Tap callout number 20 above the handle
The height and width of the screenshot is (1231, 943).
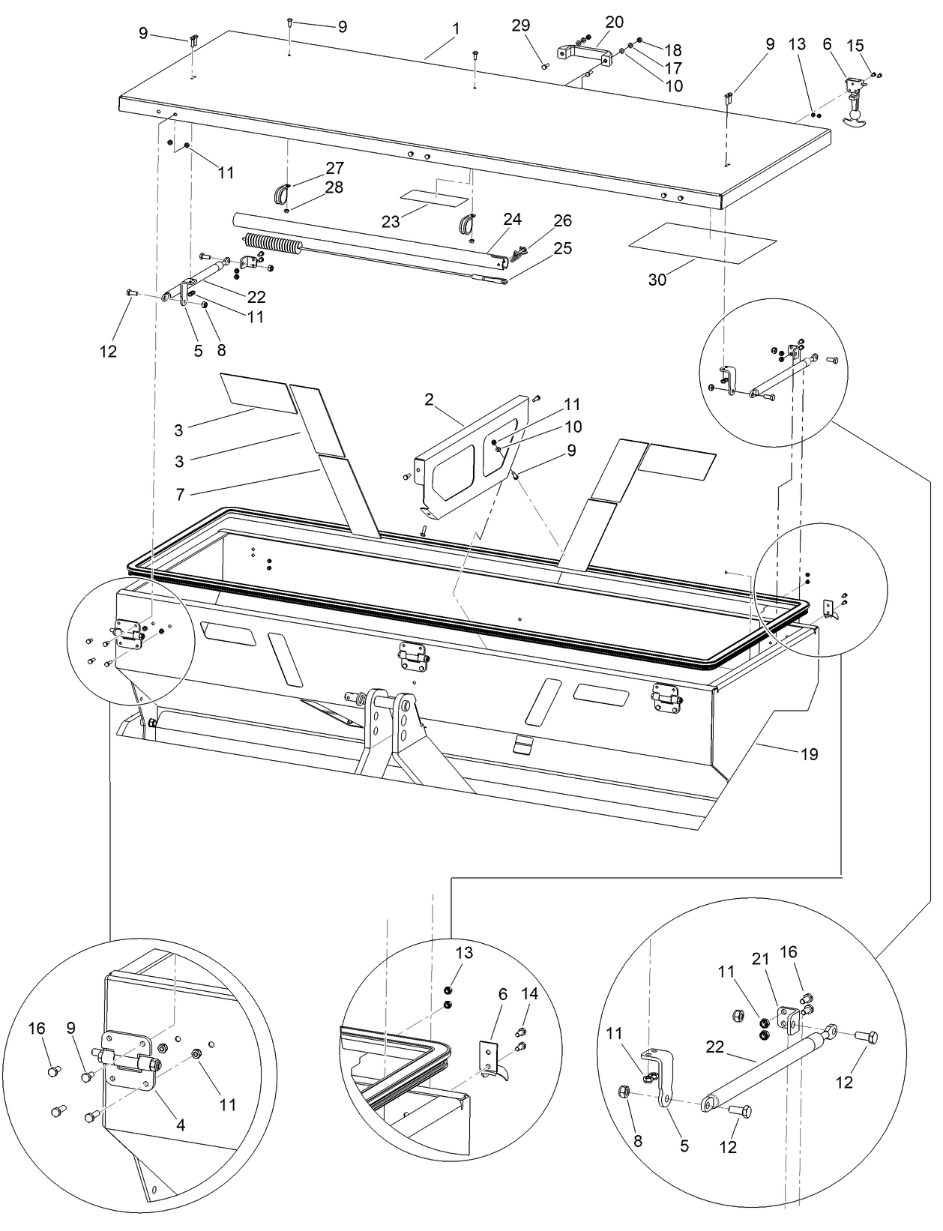coord(614,22)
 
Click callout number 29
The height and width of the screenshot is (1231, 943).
coord(521,25)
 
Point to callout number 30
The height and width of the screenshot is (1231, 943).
coord(657,280)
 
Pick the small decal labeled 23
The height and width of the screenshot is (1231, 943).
coord(433,197)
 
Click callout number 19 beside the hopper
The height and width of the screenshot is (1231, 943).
coord(809,753)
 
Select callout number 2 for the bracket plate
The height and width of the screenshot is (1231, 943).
coord(429,400)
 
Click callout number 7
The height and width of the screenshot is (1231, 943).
coord(179,494)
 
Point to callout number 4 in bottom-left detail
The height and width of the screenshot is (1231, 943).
coord(180,1124)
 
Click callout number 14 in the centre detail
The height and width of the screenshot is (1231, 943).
coord(529,994)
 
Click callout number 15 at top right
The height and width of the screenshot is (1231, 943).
coord(855,46)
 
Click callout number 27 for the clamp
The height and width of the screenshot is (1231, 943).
coord(334,168)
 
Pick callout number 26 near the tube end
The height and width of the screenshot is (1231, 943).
coord(562,220)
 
